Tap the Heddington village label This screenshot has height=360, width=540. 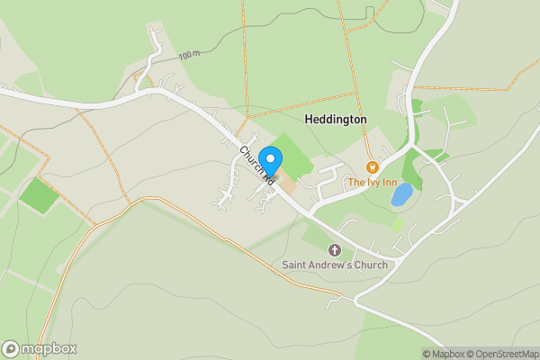[x=336, y=119]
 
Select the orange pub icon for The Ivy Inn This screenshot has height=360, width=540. [x=372, y=167]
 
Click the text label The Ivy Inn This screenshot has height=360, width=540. [x=373, y=183]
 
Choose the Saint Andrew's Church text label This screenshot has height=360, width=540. [x=335, y=265]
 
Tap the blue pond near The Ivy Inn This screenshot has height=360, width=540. [x=401, y=194]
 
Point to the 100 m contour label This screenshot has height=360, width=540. [x=189, y=56]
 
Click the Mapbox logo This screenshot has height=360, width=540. [x=40, y=348]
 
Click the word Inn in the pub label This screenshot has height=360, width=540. [x=389, y=183]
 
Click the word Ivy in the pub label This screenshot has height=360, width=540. [x=373, y=183]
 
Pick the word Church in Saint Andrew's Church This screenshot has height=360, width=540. [x=370, y=265]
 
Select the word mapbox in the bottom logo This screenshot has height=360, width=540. [x=49, y=348]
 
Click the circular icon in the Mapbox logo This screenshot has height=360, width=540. [x=12, y=348]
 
